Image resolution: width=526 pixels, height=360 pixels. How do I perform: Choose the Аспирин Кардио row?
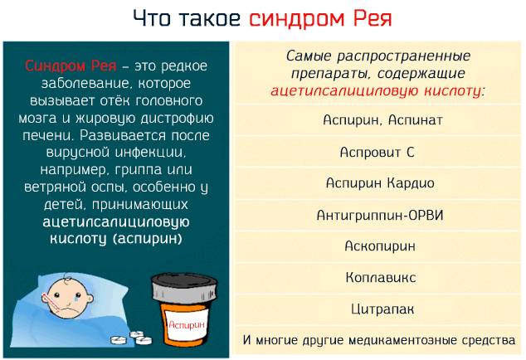coord(380,183)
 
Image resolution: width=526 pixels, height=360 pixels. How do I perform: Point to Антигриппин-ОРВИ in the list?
coord(380,215)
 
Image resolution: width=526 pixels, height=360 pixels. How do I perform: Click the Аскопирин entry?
coord(380,246)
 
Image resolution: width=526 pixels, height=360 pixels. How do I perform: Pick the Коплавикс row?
coord(380,277)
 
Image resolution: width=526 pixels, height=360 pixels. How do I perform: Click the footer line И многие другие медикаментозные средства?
coord(379,340)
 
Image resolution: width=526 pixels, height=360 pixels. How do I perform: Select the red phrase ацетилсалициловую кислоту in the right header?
coord(378,90)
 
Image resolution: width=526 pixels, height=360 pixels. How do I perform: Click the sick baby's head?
coord(66,290)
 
